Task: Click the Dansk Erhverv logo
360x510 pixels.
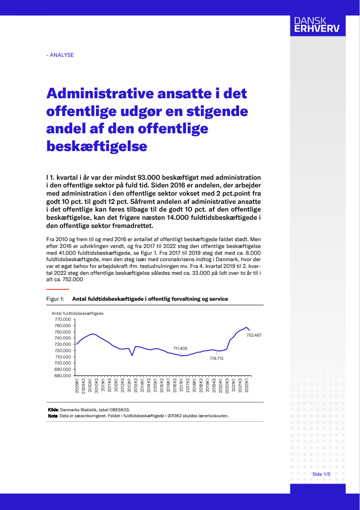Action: point(316,25)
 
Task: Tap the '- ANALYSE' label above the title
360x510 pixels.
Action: point(60,55)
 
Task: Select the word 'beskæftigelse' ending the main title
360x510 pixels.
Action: point(97,146)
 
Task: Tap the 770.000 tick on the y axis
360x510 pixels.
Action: point(63,319)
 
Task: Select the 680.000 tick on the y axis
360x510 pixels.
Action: point(63,376)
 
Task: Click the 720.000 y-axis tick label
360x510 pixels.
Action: point(63,351)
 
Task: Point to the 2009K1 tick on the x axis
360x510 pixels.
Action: point(77,386)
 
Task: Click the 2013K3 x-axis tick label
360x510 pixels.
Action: point(136,386)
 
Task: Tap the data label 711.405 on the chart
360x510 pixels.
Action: point(180,348)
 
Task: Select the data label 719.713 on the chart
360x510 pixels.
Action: point(217,359)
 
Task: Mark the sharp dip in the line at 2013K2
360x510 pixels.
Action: point(132,355)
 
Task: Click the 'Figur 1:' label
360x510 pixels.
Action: point(55,299)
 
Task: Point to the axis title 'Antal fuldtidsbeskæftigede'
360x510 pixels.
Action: point(77,313)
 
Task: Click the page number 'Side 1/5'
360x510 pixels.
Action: point(321,474)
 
